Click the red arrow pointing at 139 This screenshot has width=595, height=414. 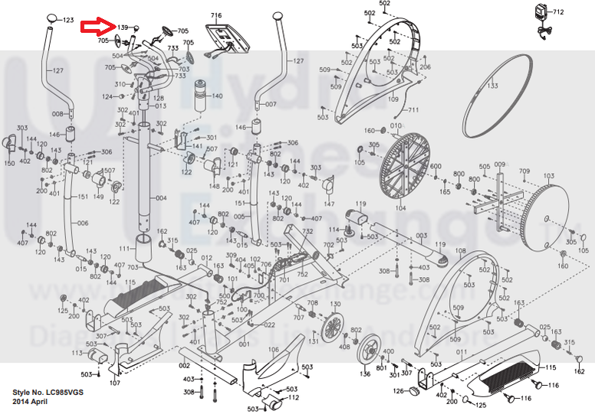[97, 28]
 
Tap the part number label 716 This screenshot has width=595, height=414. [216, 15]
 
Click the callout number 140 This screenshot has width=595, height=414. [216, 96]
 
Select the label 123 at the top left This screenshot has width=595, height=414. [67, 19]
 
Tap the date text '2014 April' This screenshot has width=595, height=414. [30, 401]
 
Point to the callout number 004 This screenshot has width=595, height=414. [161, 198]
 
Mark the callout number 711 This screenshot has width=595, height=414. [413, 111]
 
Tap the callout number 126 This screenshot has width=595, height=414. [399, 392]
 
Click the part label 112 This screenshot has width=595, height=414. [293, 397]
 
